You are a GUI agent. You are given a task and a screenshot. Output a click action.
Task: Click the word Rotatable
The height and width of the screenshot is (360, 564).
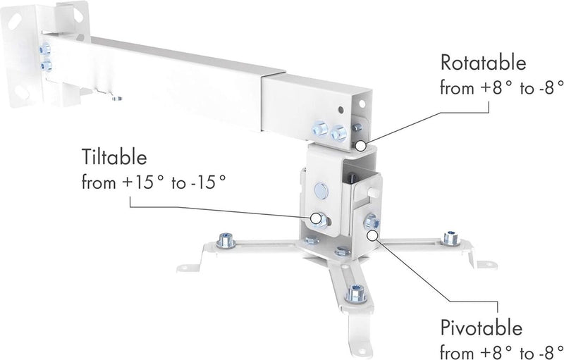483,63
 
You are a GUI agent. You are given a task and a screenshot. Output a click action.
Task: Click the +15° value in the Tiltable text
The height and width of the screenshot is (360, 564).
145,182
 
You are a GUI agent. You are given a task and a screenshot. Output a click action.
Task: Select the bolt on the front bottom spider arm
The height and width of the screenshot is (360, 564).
356,290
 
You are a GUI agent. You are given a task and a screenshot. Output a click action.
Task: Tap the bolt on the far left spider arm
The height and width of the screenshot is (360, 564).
227,240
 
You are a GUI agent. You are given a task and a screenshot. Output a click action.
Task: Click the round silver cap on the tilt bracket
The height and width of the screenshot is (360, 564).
321,190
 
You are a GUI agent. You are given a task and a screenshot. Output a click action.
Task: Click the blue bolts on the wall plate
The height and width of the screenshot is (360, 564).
46,57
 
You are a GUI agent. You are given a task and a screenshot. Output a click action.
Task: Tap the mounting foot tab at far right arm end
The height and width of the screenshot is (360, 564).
486,264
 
